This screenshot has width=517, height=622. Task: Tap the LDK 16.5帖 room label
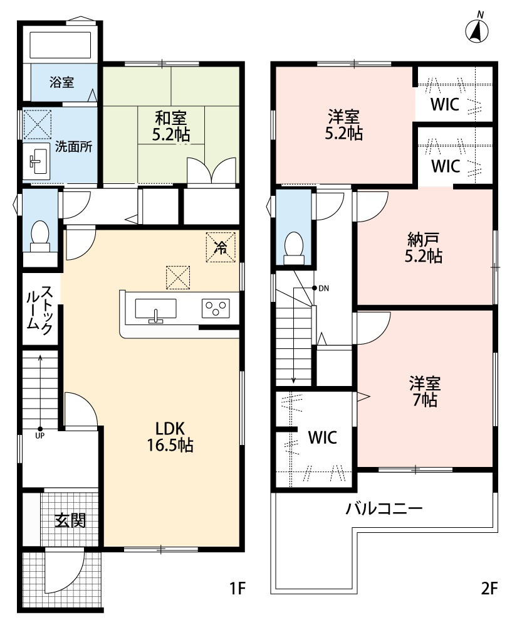[x=169, y=437]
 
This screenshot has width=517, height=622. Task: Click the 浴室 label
[x=62, y=82]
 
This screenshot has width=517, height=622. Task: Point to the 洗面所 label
[x=74, y=147]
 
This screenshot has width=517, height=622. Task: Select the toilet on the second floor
[x=293, y=246]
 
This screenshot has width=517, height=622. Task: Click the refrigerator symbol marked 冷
[x=220, y=247]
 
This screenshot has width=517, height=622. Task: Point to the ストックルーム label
[x=39, y=309]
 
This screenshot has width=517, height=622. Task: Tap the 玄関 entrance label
[x=69, y=520]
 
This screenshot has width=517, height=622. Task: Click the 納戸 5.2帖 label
[x=424, y=247]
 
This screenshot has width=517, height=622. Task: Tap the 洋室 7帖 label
[x=424, y=391]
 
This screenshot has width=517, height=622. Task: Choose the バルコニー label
[x=384, y=508]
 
